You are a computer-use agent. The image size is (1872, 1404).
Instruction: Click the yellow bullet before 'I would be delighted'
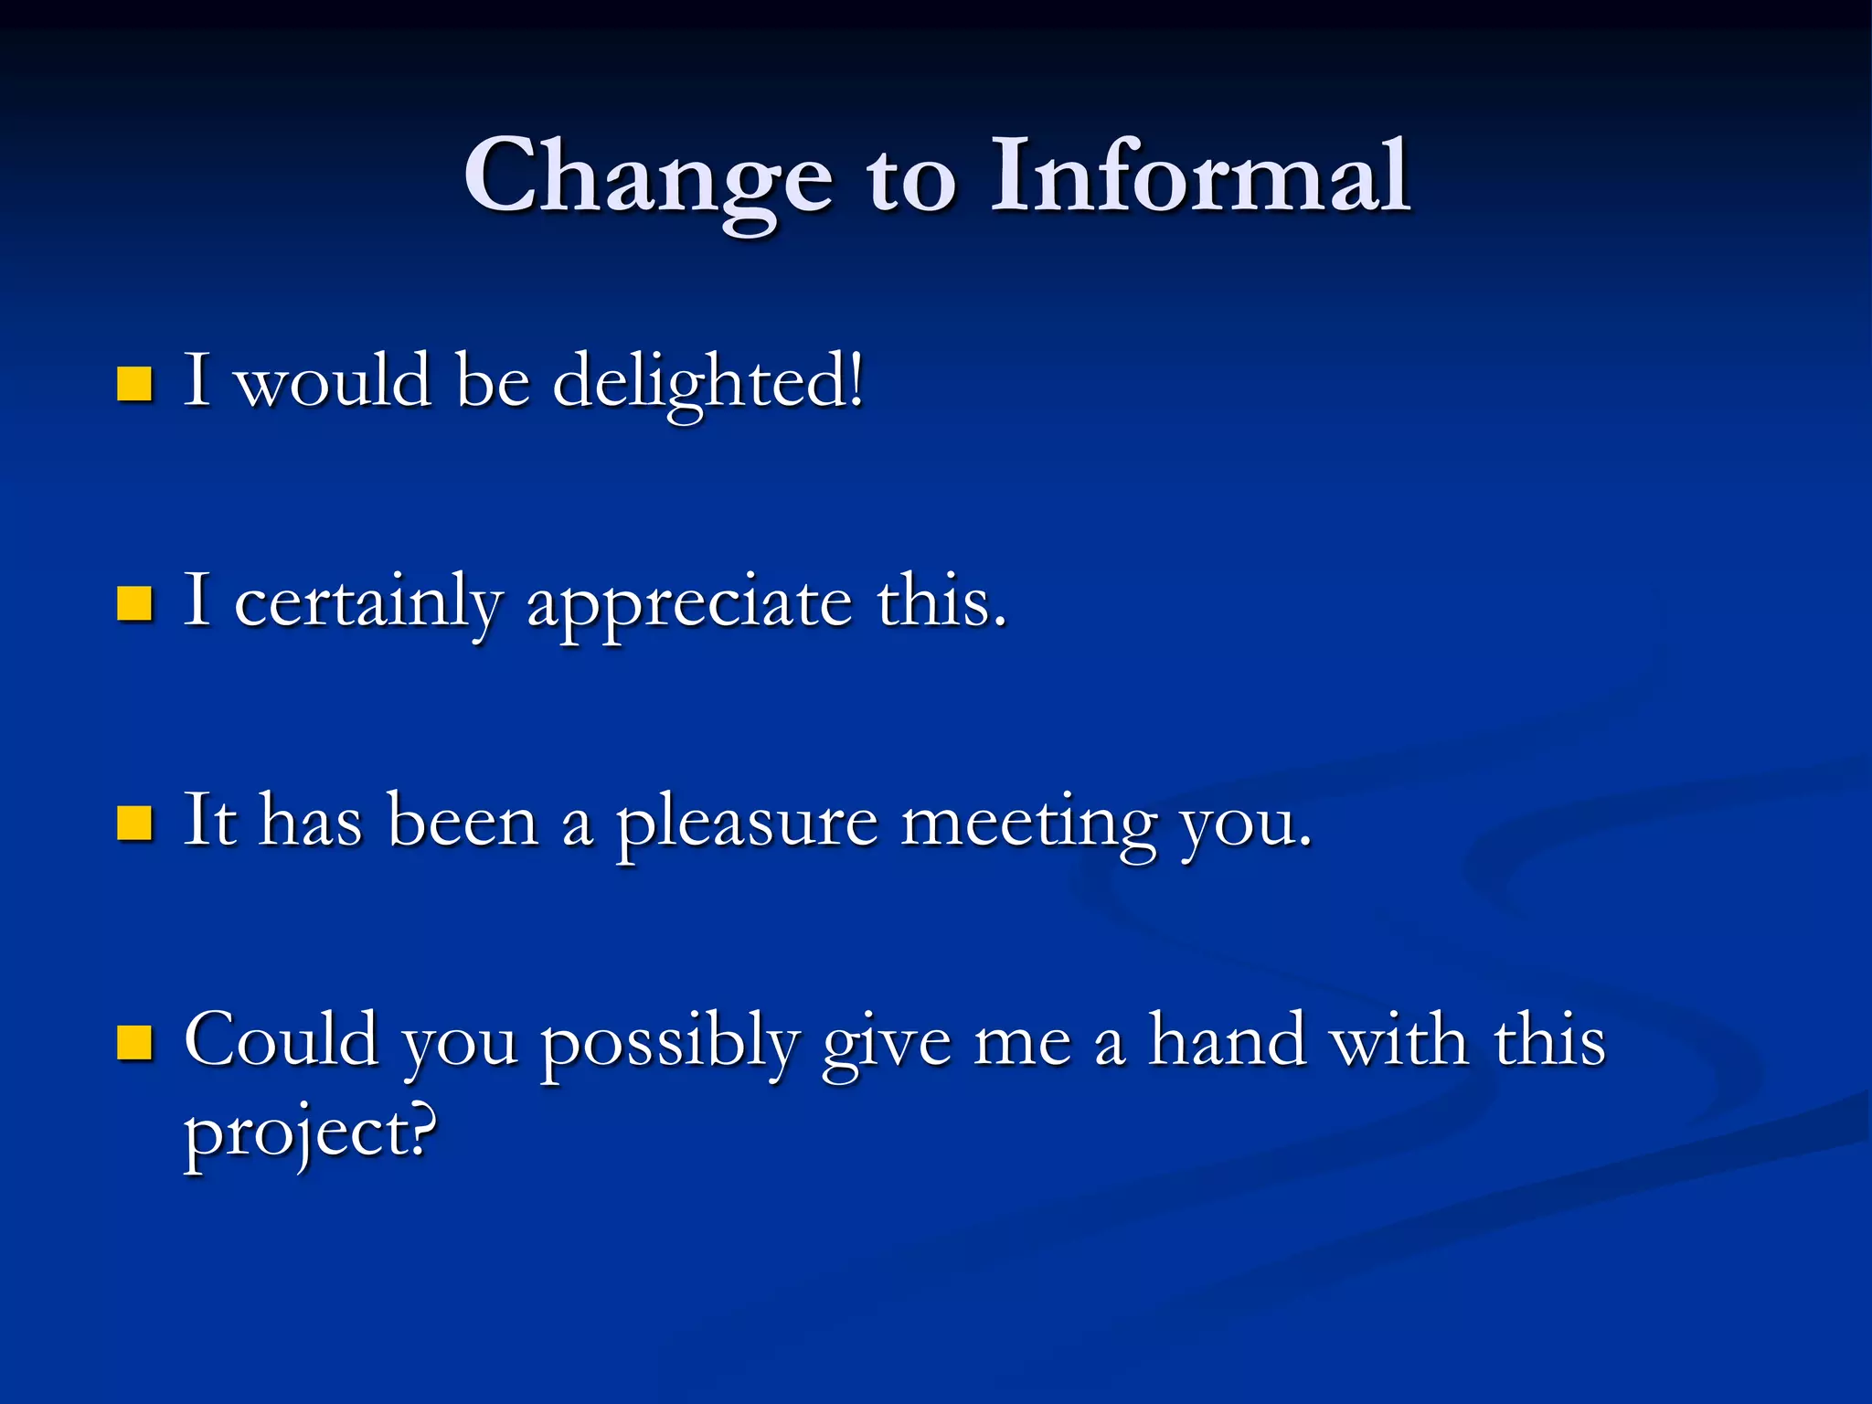(134, 384)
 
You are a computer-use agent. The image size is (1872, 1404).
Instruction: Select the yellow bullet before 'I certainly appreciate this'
(134, 604)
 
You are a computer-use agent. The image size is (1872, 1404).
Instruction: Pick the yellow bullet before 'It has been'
(134, 823)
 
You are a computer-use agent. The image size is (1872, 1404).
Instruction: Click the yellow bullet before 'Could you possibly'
(134, 1043)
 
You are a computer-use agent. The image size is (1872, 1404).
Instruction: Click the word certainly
(367, 603)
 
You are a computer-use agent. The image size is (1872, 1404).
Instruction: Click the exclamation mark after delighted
(856, 379)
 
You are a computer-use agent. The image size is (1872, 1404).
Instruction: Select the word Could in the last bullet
(281, 1040)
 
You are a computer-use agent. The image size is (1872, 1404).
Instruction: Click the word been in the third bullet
(463, 821)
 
